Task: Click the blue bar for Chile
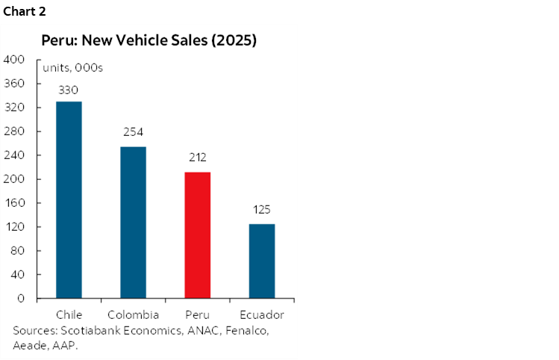click(x=69, y=200)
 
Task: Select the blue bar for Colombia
click(x=133, y=223)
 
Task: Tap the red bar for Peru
click(x=197, y=235)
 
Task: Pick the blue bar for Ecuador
click(x=261, y=261)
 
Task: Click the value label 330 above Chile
click(x=69, y=90)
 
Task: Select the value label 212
click(x=197, y=158)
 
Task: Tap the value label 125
click(x=261, y=211)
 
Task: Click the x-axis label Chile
click(x=69, y=314)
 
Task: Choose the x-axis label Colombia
click(x=133, y=314)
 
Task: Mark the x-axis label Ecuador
click(x=261, y=314)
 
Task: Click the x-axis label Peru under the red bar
click(x=197, y=314)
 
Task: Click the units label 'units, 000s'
click(x=72, y=68)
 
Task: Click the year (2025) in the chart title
click(x=233, y=41)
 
